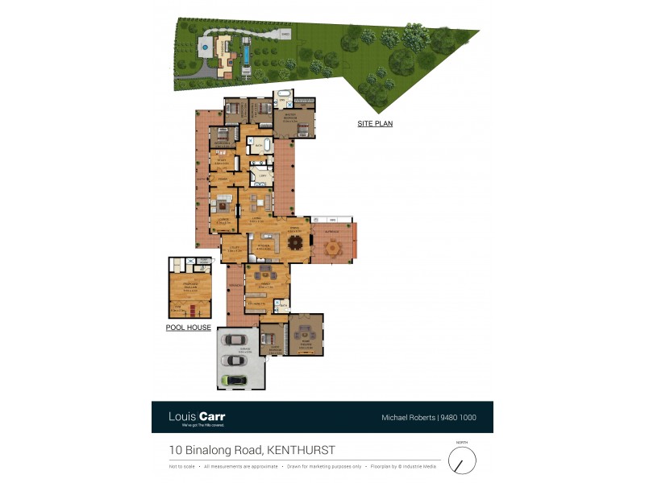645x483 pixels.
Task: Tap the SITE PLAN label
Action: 375,124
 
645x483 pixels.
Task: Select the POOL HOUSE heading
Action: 188,328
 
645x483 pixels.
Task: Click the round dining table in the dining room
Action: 296,242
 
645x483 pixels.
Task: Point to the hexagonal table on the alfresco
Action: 331,248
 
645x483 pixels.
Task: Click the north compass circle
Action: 462,461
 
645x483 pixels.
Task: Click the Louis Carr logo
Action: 197,417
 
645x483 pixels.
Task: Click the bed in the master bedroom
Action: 302,127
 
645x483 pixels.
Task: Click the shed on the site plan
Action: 285,35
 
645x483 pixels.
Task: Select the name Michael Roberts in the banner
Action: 408,418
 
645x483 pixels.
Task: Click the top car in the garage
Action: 237,339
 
